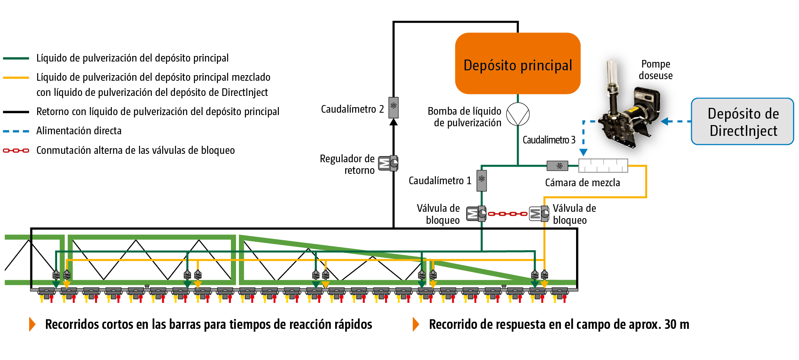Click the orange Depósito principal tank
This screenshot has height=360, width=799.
tap(518, 64)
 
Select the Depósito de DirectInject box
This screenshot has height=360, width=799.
tap(742, 121)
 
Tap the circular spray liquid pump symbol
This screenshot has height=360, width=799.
tap(518, 114)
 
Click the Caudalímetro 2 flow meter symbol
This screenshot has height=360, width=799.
tap(394, 107)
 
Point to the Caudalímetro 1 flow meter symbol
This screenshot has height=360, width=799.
tap(481, 180)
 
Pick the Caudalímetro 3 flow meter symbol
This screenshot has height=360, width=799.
tap(557, 165)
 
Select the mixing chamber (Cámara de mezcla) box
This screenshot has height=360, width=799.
tap(603, 165)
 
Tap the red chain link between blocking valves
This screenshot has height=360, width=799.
tap(507, 214)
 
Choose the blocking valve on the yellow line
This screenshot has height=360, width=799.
tap(539, 214)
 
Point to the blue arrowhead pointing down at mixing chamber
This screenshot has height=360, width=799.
tap(583, 152)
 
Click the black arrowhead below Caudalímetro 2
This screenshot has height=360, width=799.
tap(394, 122)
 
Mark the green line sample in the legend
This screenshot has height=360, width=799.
tap(16, 58)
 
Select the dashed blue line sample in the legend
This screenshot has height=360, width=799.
tap(16, 131)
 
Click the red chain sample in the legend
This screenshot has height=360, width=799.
tap(16, 151)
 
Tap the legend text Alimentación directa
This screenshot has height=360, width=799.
tap(79, 131)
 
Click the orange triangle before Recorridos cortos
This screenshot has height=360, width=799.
tap(32, 324)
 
